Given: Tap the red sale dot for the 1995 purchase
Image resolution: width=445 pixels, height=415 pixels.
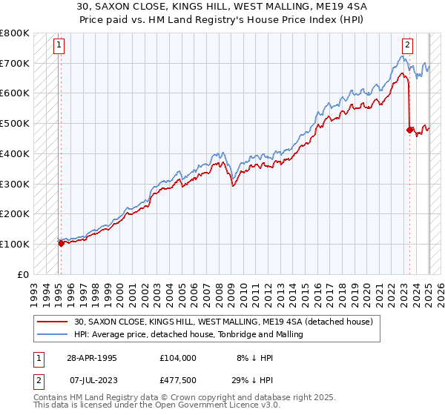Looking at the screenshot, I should pyautogui.click(x=61, y=242).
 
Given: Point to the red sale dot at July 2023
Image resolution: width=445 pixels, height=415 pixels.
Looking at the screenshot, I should pyautogui.click(x=409, y=130).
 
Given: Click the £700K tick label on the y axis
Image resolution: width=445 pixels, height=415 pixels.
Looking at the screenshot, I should pyautogui.click(x=15, y=63).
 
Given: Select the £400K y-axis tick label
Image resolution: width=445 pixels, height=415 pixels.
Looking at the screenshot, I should pyautogui.click(x=15, y=153).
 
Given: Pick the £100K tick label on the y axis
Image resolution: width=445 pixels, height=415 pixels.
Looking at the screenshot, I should pyautogui.click(x=15, y=244).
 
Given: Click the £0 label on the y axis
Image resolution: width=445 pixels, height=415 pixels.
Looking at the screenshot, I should pyautogui.click(x=23, y=274).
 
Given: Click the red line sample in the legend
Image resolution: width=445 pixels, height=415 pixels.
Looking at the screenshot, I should pyautogui.click(x=53, y=321).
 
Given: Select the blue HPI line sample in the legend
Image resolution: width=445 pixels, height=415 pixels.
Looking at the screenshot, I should pyautogui.click(x=53, y=334).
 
